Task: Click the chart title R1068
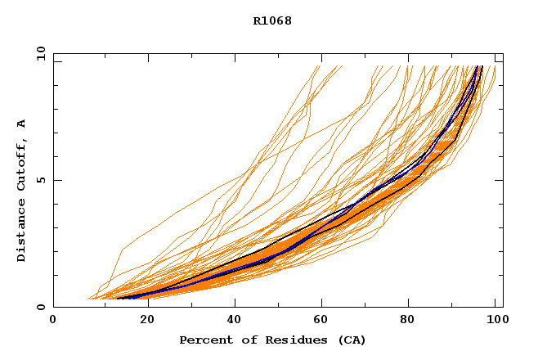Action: click(272, 20)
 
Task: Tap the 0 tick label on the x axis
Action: click(53, 320)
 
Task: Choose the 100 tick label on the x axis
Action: click(495, 320)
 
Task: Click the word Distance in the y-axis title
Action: click(21, 230)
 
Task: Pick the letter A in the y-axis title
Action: click(21, 124)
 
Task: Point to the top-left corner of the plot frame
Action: click(53, 54)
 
